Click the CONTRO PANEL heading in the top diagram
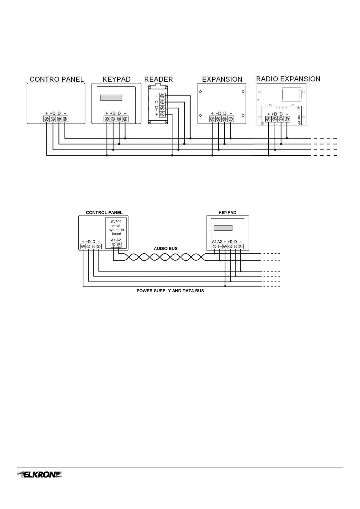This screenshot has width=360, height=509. point(57,79)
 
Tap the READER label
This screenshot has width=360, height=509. point(158,79)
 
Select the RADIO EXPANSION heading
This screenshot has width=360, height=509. point(288,79)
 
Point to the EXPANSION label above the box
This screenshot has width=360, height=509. point(222,79)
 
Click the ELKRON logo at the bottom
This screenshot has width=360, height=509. point(39,475)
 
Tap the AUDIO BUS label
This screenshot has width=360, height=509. point(166,248)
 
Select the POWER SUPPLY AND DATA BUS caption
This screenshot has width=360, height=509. point(170,291)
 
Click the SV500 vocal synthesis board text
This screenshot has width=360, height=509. point(116,228)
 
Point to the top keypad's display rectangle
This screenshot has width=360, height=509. point(111,98)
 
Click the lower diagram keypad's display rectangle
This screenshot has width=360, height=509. point(223,228)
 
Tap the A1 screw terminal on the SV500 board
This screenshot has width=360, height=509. point(113,245)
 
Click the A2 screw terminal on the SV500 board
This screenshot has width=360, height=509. point(118,245)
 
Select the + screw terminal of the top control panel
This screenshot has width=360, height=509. point(47,119)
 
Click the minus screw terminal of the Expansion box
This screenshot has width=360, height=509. point(231,119)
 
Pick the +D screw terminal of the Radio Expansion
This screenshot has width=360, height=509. point(274,119)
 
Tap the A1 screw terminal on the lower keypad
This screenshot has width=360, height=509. point(214,246)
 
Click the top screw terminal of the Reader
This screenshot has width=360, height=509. point(162,96)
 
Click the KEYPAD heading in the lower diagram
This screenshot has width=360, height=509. point(227,212)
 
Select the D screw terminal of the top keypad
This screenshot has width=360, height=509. point(119,119)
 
